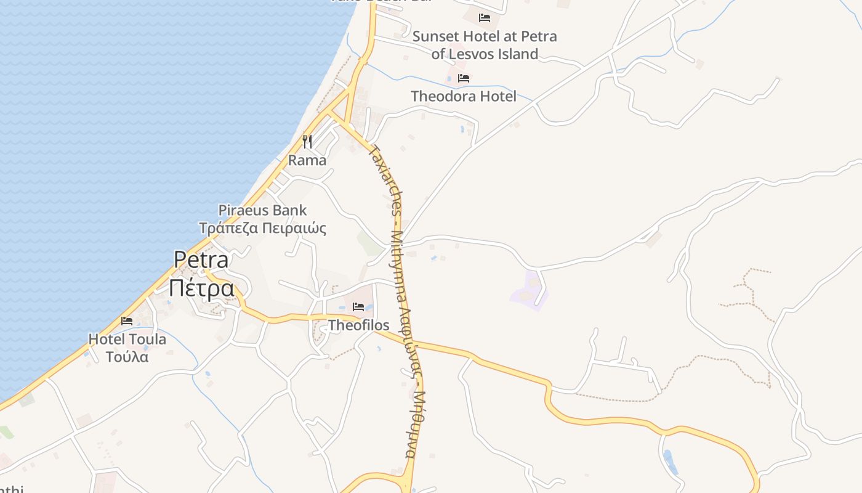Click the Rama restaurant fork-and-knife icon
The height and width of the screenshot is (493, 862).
click(x=307, y=142)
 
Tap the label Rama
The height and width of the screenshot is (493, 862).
click(x=307, y=160)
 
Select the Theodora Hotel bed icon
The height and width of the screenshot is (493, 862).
click(x=464, y=78)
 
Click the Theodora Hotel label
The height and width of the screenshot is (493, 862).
click(x=464, y=96)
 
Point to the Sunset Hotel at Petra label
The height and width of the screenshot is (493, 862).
click(x=485, y=36)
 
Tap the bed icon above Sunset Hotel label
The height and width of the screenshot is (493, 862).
click(x=485, y=17)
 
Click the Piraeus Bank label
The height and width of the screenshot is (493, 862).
click(x=262, y=210)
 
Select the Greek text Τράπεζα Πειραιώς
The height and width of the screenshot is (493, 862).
click(x=262, y=228)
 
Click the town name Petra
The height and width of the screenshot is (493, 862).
click(x=201, y=259)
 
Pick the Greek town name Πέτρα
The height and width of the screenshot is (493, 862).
click(x=201, y=288)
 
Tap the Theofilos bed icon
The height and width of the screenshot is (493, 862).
click(x=358, y=306)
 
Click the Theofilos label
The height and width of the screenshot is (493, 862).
click(x=358, y=325)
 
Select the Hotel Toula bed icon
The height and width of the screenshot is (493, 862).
click(x=127, y=320)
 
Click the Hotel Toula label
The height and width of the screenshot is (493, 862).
click(x=127, y=339)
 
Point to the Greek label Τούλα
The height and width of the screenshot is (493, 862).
click(x=127, y=356)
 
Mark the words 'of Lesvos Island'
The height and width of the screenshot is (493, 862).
click(x=485, y=54)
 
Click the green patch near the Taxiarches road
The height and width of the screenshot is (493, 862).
click(x=369, y=243)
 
